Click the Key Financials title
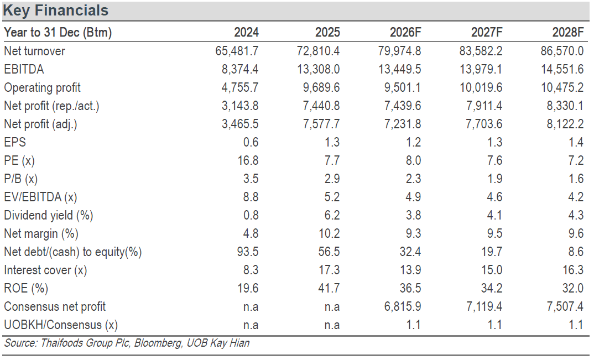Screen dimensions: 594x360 [56, 11]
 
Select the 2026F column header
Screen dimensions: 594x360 [405, 32]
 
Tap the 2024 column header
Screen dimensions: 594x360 [246, 32]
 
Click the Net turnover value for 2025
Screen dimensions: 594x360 [318, 51]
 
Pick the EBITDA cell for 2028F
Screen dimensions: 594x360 [562, 69]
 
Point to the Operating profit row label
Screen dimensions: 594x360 [43, 87]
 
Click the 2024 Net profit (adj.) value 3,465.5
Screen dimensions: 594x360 [240, 124]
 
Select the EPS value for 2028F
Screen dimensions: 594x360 [576, 142]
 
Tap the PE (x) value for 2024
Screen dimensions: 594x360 [248, 160]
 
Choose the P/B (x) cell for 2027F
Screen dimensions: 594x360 [495, 179]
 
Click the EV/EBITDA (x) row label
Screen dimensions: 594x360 [40, 197]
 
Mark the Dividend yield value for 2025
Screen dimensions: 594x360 [332, 215]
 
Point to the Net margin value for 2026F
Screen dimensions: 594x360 [413, 233]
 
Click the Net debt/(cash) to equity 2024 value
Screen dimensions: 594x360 [248, 252]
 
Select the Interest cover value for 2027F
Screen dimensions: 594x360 [492, 270]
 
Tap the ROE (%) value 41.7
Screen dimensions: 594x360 [329, 288]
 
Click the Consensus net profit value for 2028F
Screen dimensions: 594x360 [565, 306]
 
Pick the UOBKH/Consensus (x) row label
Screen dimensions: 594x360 [61, 325]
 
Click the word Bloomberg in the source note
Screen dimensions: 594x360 [158, 343]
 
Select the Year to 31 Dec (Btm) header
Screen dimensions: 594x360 [58, 32]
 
